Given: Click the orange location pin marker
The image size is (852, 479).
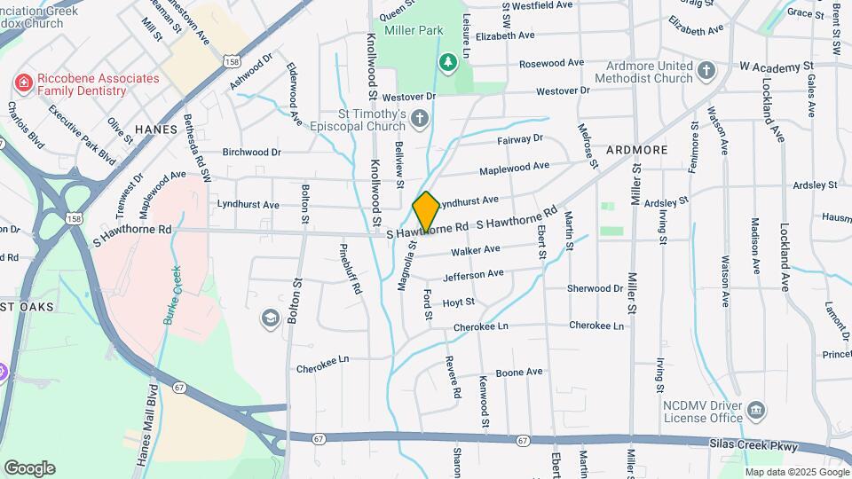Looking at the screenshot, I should click(426, 212).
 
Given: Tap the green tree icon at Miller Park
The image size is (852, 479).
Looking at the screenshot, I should click(449, 61).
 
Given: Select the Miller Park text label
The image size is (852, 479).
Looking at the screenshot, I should click(414, 30).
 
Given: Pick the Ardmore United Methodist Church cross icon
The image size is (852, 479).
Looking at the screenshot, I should click(706, 70).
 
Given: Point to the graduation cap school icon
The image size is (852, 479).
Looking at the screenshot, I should click(269, 318).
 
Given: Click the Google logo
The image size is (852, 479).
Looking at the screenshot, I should click(28, 468).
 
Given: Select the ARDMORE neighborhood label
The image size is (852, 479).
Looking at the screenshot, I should click(636, 150).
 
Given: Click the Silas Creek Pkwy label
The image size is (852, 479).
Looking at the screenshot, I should click(753, 444).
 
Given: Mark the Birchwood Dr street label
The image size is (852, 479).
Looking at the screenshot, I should click(251, 153).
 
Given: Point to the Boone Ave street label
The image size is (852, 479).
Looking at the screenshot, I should click(518, 373).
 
